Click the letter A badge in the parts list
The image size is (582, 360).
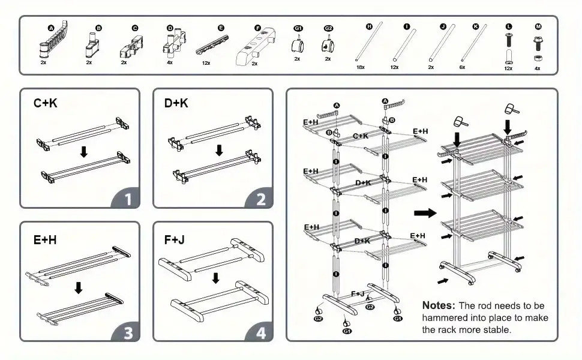point(51,28)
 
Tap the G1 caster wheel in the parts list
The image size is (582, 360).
point(297,44)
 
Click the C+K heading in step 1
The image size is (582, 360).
point(46,103)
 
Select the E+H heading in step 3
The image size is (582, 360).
point(46,239)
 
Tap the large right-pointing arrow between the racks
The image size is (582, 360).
point(425,212)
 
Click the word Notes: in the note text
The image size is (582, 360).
point(442,305)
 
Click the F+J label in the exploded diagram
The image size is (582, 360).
point(358,293)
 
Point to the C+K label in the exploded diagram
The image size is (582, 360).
point(361,136)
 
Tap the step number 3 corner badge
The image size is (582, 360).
point(127,332)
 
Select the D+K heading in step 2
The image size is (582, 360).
point(176,103)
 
